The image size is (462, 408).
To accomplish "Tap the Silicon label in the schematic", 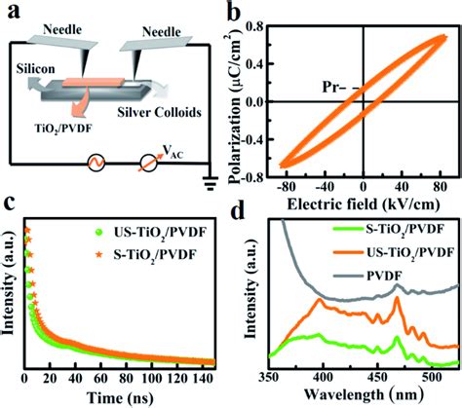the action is (35, 69).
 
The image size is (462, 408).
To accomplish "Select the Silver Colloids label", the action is (159, 112).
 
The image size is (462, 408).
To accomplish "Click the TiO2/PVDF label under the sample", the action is (63, 129).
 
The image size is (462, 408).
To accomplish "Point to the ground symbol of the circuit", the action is (210, 183).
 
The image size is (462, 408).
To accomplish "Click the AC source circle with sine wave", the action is (96, 163).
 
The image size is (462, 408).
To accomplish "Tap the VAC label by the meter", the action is (173, 152).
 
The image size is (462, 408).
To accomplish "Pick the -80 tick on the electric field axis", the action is (287, 187).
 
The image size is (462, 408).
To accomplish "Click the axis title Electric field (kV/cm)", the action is (364, 204).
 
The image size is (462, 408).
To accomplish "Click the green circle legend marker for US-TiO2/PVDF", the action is (99, 232).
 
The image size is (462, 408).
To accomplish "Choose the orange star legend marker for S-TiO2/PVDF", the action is (99, 255).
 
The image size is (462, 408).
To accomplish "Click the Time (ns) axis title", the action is (120, 396).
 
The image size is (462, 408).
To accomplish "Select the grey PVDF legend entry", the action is (368, 277).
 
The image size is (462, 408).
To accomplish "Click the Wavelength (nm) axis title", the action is (364, 394).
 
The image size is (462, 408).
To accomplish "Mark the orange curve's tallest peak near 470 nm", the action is (397, 298).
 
